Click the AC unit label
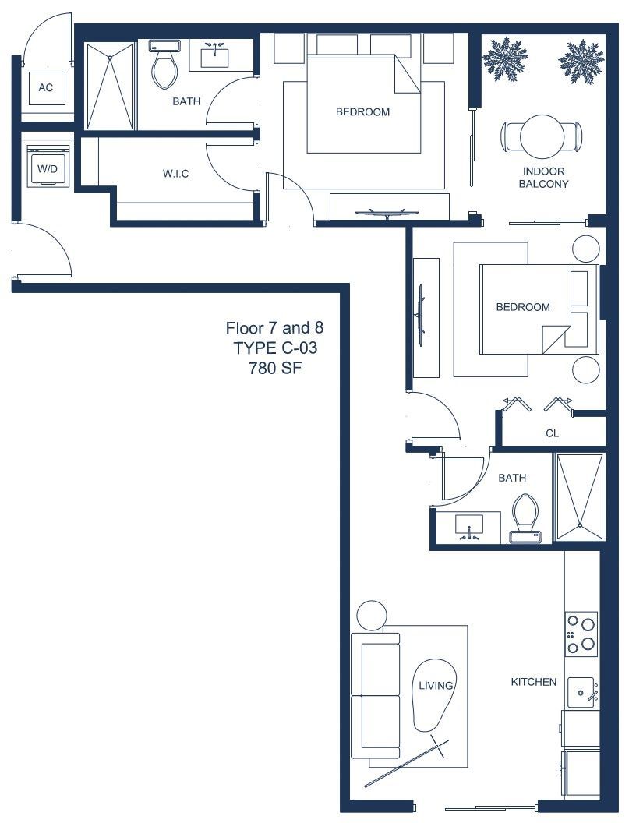tap(46, 87)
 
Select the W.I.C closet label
tap(175, 174)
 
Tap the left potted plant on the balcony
tap(504, 59)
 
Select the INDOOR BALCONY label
tap(544, 178)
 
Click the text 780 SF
tap(275, 368)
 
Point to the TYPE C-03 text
tap(275, 348)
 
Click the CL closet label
tap(552, 433)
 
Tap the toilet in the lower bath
tap(525, 517)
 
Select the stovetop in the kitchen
tap(581, 634)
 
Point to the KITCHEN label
tap(534, 682)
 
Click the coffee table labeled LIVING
tap(435, 695)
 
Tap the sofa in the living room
tap(375, 695)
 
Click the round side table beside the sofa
tap(372, 616)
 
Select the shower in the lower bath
tap(580, 496)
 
